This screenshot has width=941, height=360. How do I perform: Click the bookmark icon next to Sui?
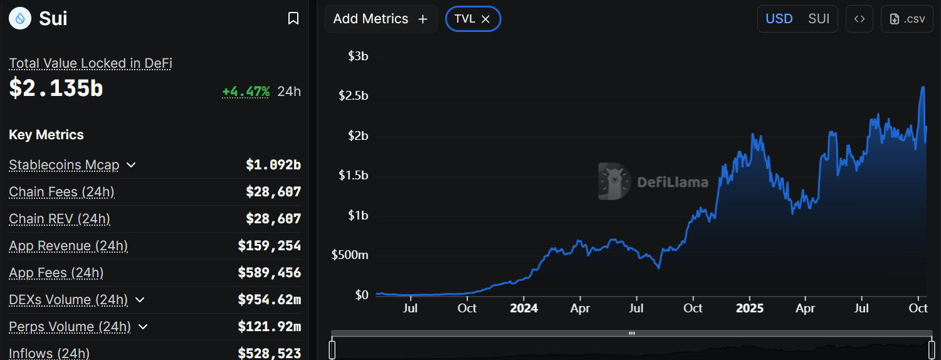[x=293, y=19]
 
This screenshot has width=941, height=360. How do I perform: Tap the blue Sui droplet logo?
[x=20, y=19]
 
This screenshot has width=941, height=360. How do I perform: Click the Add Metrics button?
[x=381, y=19]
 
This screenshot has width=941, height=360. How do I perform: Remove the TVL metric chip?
[x=485, y=19]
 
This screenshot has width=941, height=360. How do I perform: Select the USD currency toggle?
[x=779, y=19]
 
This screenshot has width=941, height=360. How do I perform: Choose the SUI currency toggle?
[x=819, y=19]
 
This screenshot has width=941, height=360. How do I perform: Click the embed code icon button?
[x=860, y=19]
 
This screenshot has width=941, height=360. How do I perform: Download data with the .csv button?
[x=907, y=19]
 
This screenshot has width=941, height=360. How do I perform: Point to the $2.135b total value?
[x=56, y=88]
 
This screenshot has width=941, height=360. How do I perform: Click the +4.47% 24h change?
[x=246, y=92]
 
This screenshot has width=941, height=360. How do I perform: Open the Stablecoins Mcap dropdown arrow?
[x=131, y=165]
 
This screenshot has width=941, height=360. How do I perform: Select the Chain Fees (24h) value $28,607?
[x=273, y=192]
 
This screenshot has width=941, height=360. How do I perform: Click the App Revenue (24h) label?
[x=68, y=246]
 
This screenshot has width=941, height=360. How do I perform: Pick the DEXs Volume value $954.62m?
[x=270, y=300]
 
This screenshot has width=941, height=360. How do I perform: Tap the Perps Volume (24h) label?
[x=70, y=327]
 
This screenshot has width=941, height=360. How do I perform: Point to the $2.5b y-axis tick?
[x=353, y=95]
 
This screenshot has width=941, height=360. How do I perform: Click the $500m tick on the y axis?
[x=350, y=255]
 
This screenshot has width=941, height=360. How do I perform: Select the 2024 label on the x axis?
[x=523, y=309]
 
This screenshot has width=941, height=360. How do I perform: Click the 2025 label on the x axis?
[x=749, y=309]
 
